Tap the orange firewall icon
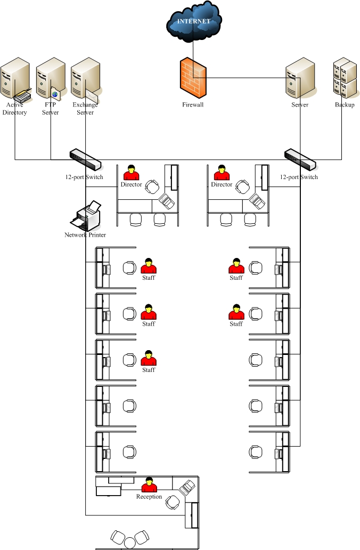(193, 78)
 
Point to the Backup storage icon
(345, 79)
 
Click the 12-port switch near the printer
(85, 158)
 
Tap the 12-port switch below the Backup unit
(300, 158)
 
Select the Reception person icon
(149, 484)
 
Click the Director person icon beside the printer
(131, 173)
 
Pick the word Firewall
(193, 105)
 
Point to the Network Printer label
(85, 235)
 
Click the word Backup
(345, 105)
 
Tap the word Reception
(149, 497)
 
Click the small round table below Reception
(130, 543)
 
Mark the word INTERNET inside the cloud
(193, 21)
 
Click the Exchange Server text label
(85, 109)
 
